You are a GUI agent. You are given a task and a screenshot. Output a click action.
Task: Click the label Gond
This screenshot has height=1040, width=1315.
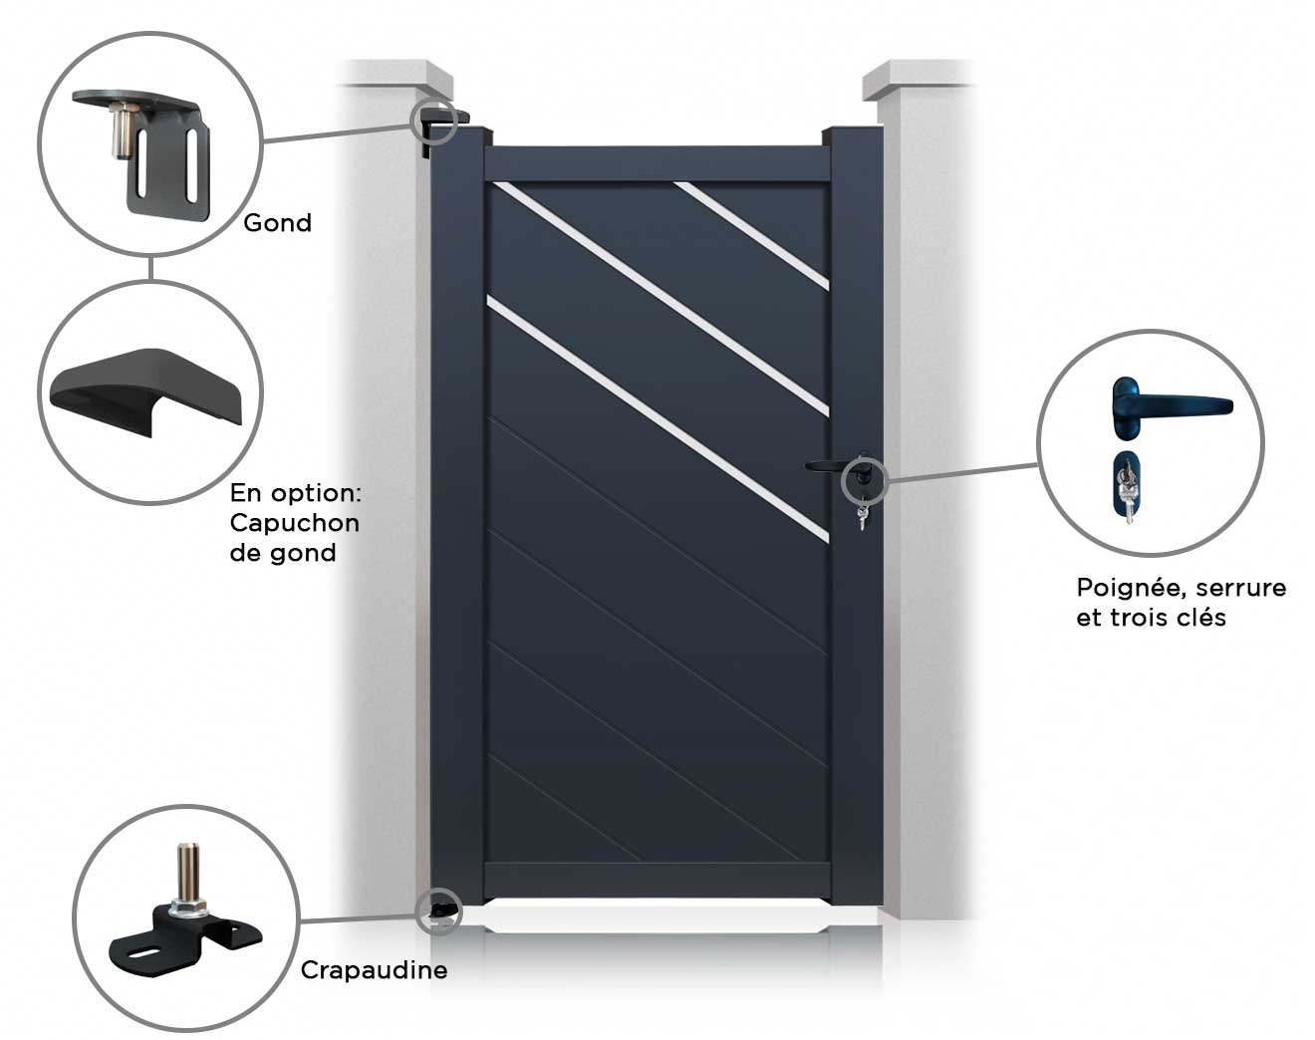(277, 222)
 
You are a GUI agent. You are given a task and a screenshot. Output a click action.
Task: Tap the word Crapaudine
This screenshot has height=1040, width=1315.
(374, 969)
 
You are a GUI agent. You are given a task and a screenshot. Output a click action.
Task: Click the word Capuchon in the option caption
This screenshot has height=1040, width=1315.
(294, 522)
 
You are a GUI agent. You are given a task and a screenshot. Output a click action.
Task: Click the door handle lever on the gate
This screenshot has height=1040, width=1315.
(827, 464)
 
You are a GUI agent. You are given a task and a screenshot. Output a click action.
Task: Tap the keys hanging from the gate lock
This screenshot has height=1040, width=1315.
(862, 517)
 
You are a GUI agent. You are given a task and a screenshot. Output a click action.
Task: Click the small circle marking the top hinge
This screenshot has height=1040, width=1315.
(433, 120)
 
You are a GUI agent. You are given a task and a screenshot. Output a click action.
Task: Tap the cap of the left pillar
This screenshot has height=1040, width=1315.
(394, 78)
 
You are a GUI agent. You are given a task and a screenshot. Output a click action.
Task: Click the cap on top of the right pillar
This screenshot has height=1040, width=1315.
(918, 78)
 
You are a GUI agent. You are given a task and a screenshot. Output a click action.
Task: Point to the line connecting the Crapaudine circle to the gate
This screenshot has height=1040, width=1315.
(359, 917)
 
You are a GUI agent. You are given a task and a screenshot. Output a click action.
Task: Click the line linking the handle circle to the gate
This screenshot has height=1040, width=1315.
(961, 471)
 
